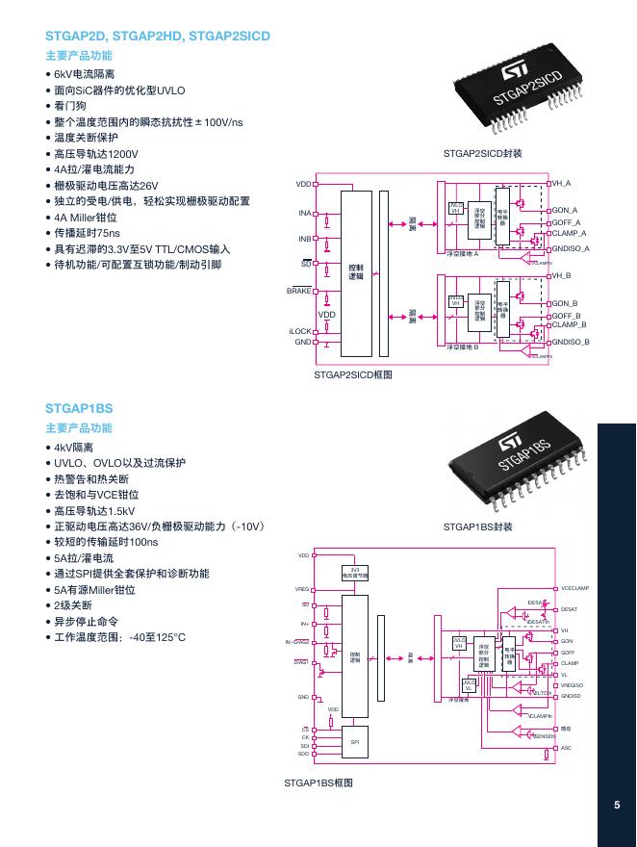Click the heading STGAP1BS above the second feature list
[79, 408]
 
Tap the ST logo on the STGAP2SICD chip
[509, 75]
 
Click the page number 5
[617, 807]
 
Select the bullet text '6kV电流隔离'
[84, 74]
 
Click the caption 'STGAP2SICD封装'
[482, 153]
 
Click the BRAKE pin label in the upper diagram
[299, 290]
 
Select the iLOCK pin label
[301, 331]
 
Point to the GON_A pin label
[565, 210]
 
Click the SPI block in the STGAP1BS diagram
[354, 741]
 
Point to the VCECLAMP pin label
[574, 588]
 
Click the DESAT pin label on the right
[569, 609]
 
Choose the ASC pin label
[566, 748]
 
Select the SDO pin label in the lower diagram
[304, 754]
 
